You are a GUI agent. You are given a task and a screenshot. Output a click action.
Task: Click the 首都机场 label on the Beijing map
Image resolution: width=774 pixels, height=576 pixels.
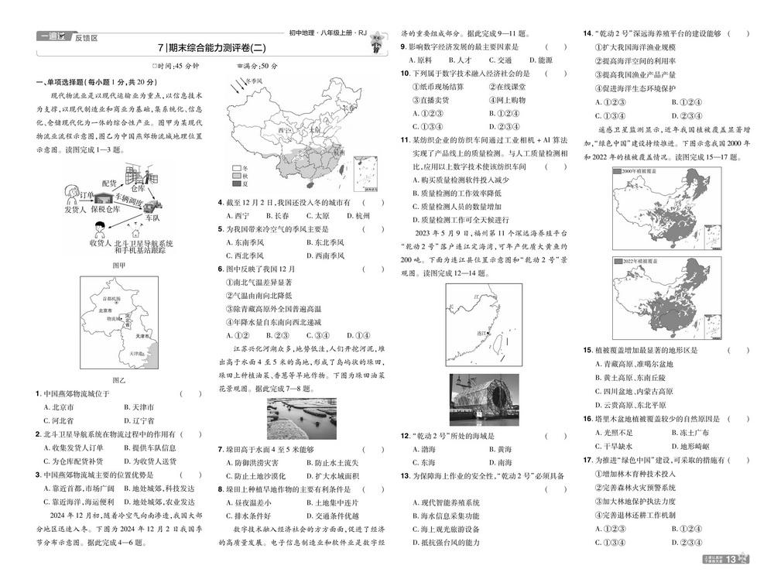pyautogui.click(x=111, y=298)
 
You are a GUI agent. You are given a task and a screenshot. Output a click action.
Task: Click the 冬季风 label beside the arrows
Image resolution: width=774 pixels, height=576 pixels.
pyautogui.click(x=255, y=80)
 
